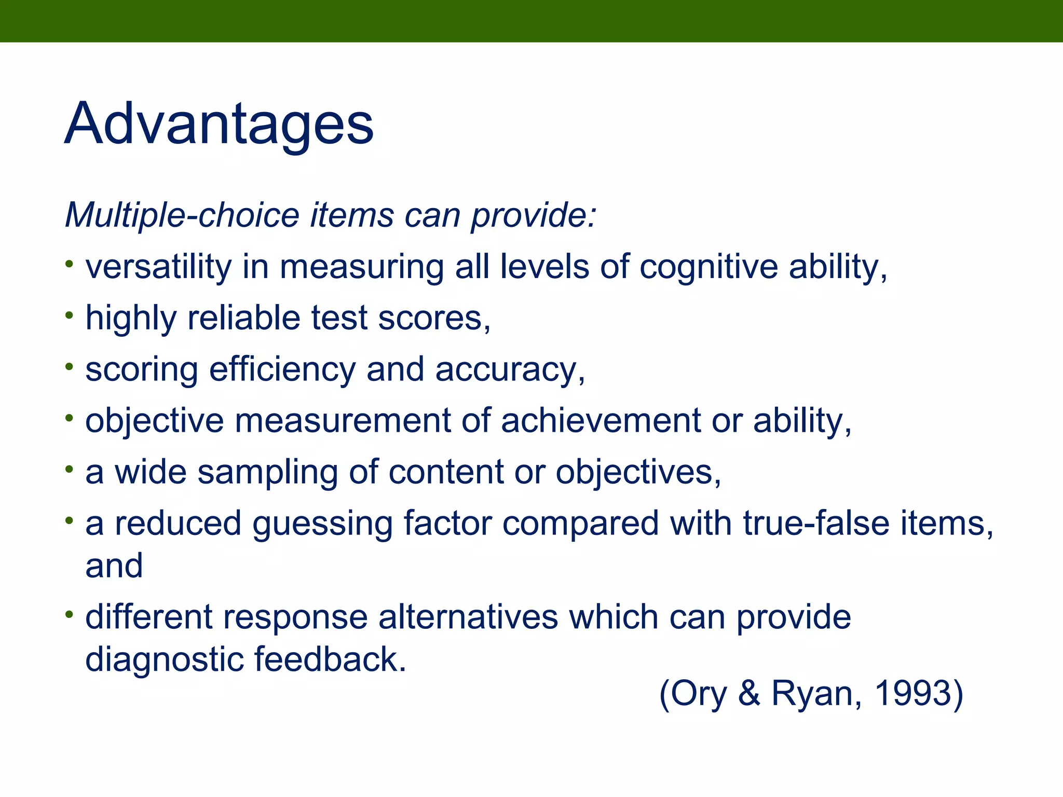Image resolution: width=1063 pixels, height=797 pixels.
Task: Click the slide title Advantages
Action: click(x=219, y=125)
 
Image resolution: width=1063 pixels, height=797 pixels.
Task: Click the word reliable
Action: click(x=243, y=318)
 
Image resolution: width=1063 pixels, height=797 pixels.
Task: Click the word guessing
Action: click(x=322, y=523)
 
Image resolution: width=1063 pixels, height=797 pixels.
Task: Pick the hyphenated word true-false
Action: click(x=816, y=523)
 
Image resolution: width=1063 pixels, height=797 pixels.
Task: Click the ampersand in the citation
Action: click(x=749, y=693)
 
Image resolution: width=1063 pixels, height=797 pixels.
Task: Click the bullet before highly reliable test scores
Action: click(x=70, y=315)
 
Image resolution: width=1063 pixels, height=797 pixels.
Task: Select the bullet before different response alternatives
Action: click(x=70, y=614)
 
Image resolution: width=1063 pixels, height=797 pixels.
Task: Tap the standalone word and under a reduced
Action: click(x=114, y=566)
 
